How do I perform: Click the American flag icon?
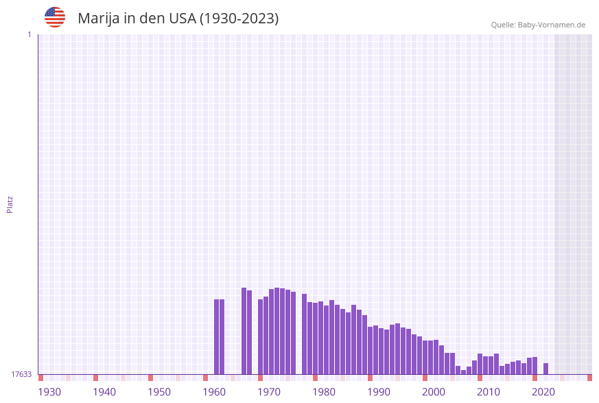click(x=55, y=17)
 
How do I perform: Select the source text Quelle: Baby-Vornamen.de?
click(x=538, y=25)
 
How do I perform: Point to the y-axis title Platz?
click(x=10, y=204)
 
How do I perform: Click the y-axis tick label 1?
click(x=29, y=34)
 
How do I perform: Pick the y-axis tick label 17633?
click(x=21, y=374)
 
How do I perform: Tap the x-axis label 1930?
click(x=49, y=392)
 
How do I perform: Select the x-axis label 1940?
click(x=104, y=392)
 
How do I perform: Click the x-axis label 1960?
click(x=214, y=392)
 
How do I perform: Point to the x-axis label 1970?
click(x=269, y=392)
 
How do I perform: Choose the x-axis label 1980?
click(x=324, y=392)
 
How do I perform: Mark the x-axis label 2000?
click(x=434, y=392)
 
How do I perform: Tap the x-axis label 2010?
click(x=489, y=392)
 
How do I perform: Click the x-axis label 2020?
click(x=543, y=392)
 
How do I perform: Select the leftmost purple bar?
click(x=216, y=336)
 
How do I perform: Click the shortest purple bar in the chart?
click(x=463, y=372)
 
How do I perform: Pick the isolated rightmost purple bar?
click(x=545, y=369)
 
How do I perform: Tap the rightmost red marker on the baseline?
click(x=589, y=378)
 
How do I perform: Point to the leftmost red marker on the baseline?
click(x=40, y=378)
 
